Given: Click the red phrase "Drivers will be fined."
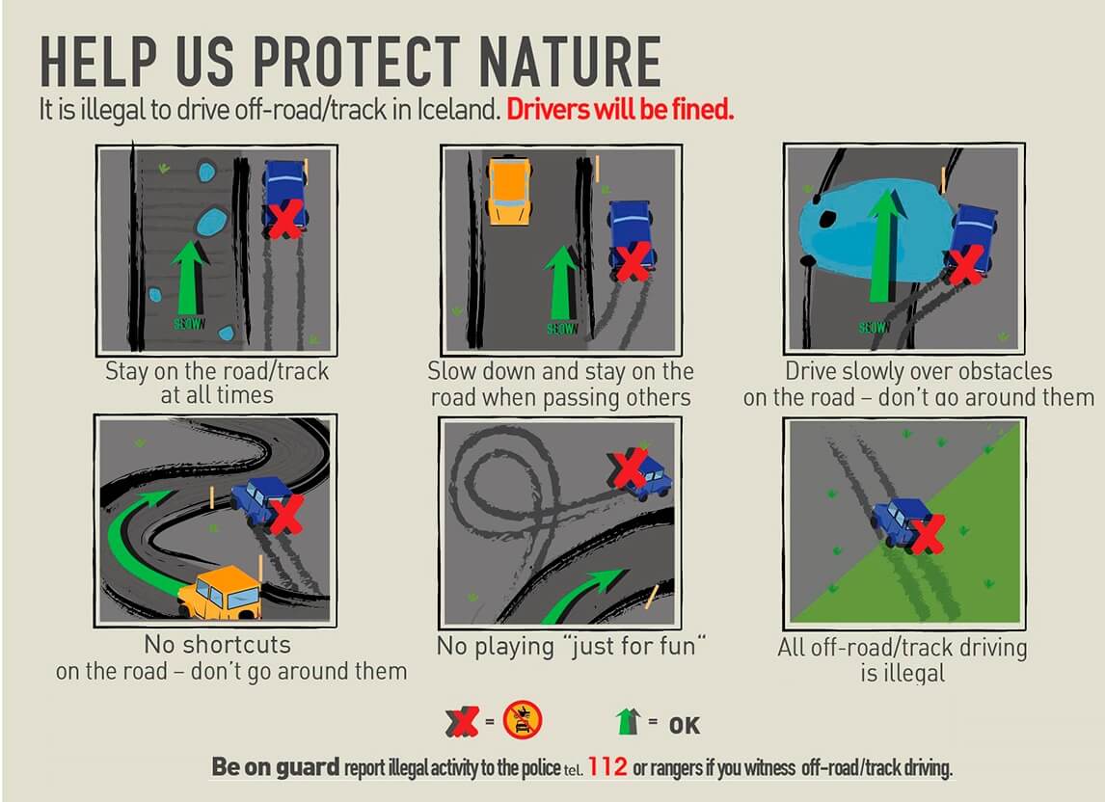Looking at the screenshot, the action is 620,110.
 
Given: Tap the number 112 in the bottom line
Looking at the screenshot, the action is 607,766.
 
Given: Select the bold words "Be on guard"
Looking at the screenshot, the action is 276,766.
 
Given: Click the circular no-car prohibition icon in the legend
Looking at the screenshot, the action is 523,720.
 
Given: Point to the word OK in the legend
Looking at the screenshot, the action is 685,726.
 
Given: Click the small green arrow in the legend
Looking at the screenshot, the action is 627,721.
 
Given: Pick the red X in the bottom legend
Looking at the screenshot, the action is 462,722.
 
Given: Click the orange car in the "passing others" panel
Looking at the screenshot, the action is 509,190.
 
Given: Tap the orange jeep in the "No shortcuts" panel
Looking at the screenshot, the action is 221,592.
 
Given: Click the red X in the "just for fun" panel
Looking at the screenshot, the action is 630,468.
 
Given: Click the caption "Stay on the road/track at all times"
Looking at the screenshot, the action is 217,383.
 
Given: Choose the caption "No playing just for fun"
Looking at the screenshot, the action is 571,646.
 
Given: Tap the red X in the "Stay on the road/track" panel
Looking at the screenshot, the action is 284,219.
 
